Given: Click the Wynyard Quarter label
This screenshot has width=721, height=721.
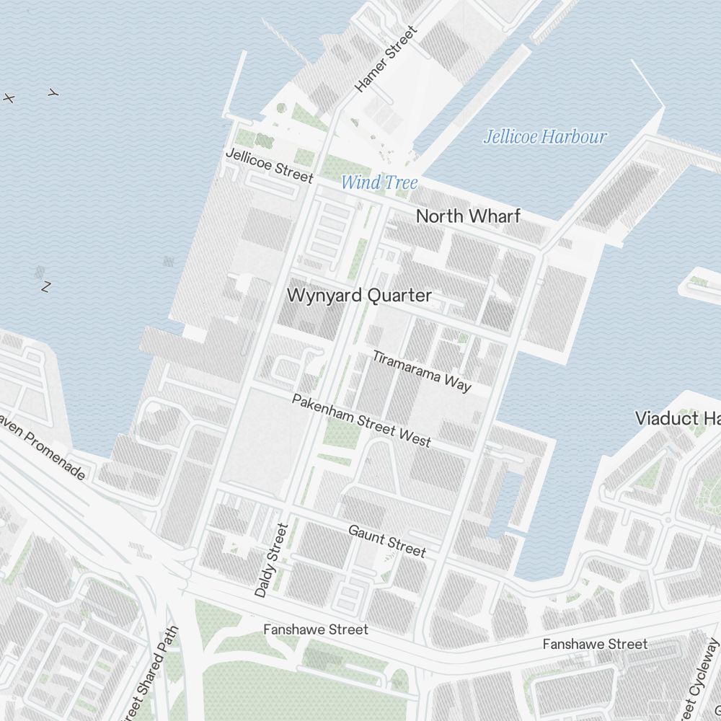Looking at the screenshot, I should point(359,296).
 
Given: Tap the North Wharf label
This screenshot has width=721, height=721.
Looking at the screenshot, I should point(468,216).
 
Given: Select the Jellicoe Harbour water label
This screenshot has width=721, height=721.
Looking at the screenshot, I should point(545,137).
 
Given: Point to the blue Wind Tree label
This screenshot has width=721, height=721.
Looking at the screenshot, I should point(379,182).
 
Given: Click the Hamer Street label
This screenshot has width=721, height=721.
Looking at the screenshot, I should point(386,59).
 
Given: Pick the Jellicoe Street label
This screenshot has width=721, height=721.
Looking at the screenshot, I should point(270,166).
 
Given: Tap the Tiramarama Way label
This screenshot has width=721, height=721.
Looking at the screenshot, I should point(422,371).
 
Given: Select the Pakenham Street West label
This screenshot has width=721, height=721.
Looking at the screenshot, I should point(361,420).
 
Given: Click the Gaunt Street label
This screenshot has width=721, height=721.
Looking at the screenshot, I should point(387,541).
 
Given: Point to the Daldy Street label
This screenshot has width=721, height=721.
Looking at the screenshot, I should point(271,560).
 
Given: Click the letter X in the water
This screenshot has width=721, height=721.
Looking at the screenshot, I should point(9,98).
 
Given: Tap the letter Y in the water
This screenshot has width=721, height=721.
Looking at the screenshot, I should point(53,93).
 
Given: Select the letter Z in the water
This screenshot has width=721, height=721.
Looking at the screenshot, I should point(46,287).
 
